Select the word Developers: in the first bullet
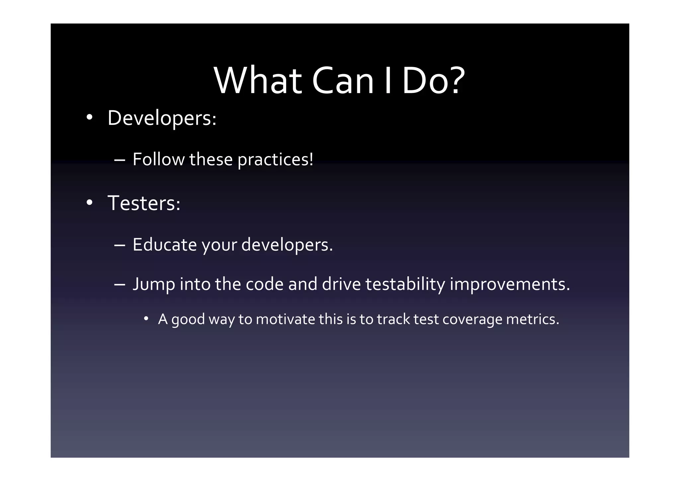click(x=162, y=118)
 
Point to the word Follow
click(x=158, y=159)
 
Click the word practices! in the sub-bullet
click(x=276, y=160)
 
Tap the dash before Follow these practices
click(x=119, y=160)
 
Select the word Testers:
click(x=144, y=203)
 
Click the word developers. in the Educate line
click(x=287, y=245)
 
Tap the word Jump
click(x=154, y=285)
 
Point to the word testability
click(x=405, y=284)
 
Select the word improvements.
click(x=510, y=284)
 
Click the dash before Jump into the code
click(x=119, y=285)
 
